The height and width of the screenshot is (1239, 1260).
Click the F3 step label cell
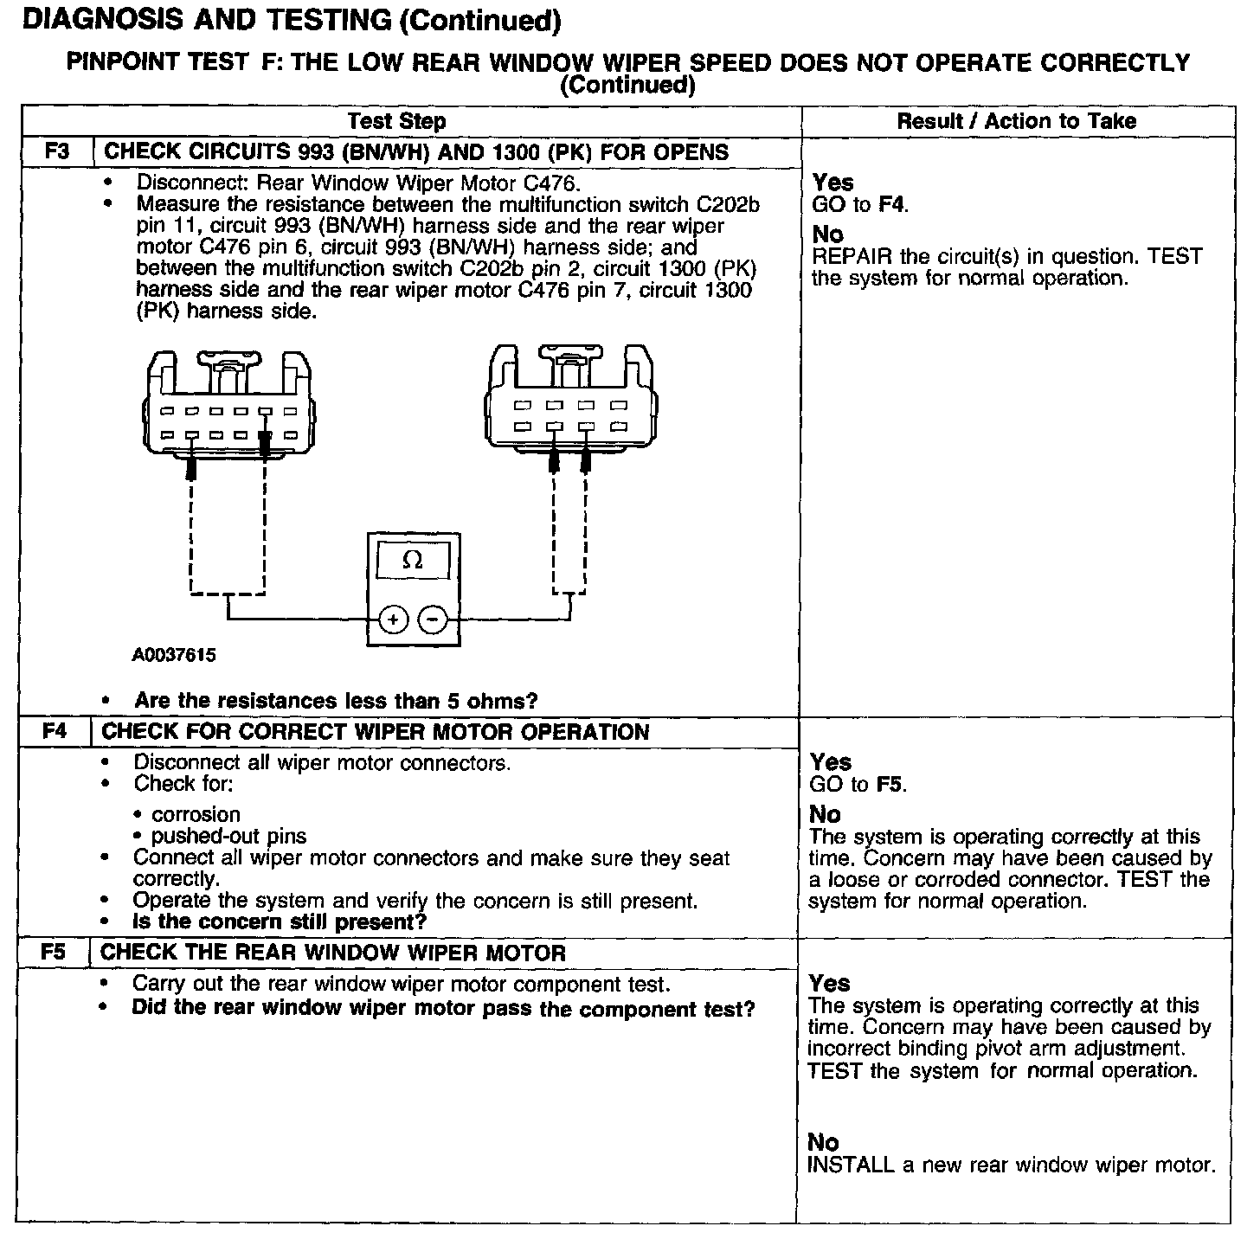[x=56, y=151]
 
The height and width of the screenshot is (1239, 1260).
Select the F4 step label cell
[x=54, y=731]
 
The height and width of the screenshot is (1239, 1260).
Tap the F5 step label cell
[x=53, y=953]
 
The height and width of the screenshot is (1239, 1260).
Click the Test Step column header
[x=396, y=121]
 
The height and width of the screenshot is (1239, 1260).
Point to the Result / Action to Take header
[x=1016, y=121]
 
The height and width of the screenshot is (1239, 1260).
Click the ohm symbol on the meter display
[x=414, y=561]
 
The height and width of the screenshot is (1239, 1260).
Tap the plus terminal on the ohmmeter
[x=394, y=619]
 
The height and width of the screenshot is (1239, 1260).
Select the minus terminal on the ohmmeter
[x=433, y=619]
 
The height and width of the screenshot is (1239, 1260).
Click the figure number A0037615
[x=174, y=655]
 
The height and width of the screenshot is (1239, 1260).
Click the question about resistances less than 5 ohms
[x=336, y=700]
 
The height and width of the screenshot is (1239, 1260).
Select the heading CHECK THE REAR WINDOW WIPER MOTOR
[x=333, y=953]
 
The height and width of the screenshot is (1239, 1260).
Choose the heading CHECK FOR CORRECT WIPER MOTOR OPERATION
[x=376, y=731]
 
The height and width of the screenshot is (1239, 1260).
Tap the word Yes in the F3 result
[x=832, y=183]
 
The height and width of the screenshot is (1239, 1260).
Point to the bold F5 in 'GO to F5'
[x=889, y=785]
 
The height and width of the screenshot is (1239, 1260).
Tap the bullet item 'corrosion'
[x=196, y=814]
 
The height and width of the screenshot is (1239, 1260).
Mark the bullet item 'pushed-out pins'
[x=228, y=836]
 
